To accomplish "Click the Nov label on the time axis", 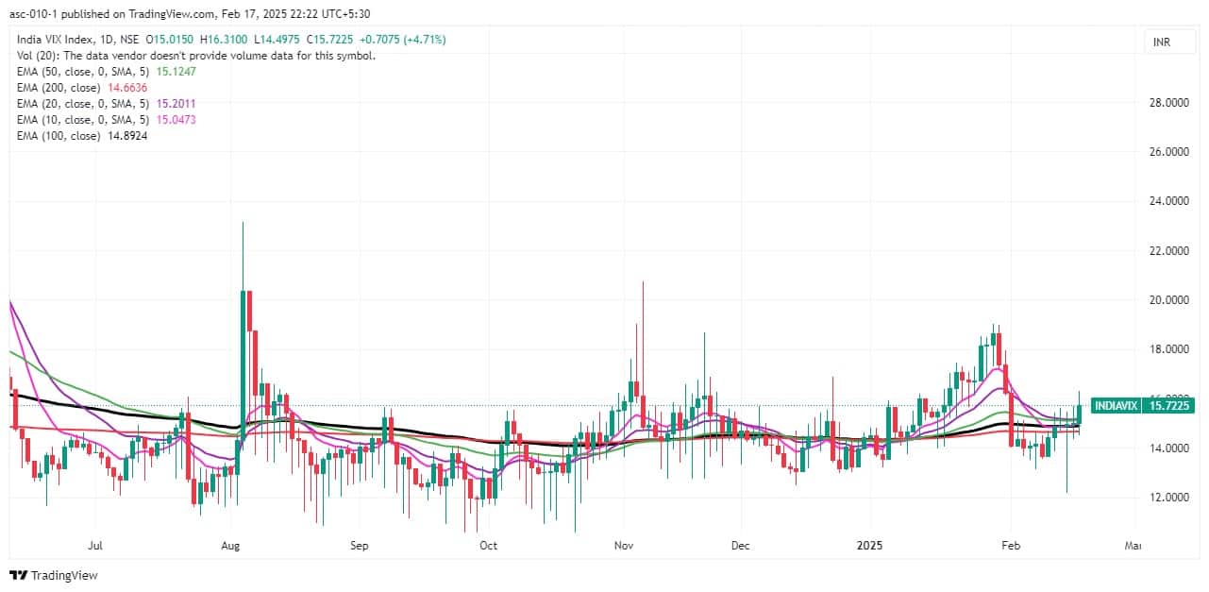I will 622,546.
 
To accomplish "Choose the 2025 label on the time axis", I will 870,546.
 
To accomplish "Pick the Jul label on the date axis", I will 94,546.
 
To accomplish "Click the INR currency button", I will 1159,42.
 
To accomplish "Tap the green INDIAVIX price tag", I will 1143,406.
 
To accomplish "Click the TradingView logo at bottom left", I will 54,575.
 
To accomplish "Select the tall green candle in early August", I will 243,359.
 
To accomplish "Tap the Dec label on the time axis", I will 741,546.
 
